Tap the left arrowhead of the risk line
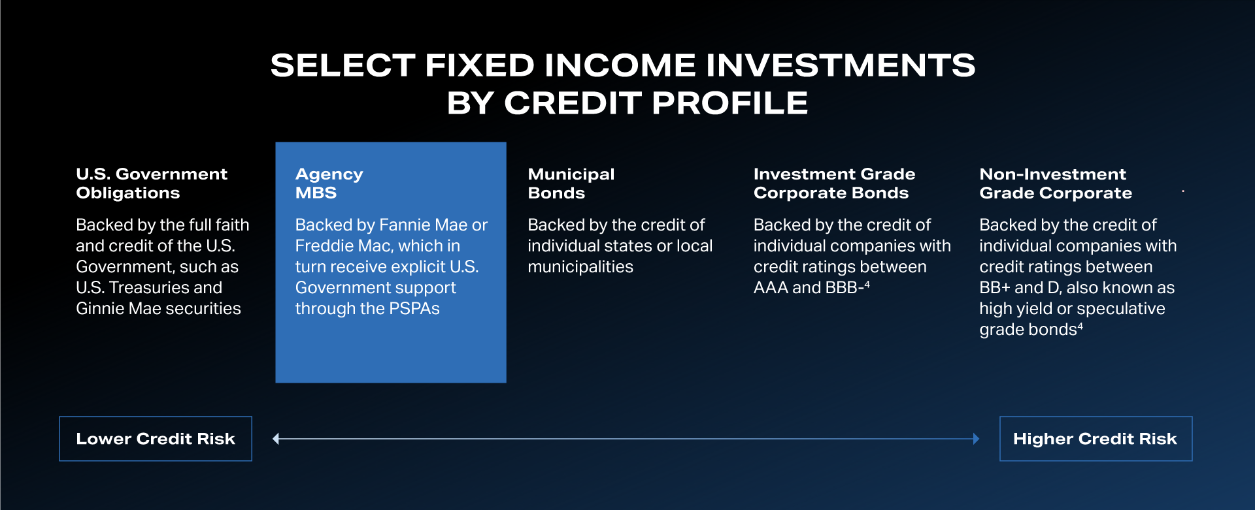click(276, 439)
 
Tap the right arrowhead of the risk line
click(976, 439)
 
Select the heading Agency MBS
click(329, 183)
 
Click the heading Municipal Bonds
click(571, 183)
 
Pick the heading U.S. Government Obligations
click(152, 183)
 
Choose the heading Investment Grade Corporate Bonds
click(834, 183)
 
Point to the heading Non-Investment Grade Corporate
click(1056, 183)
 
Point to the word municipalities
click(580, 266)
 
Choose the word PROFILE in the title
click(729, 103)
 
